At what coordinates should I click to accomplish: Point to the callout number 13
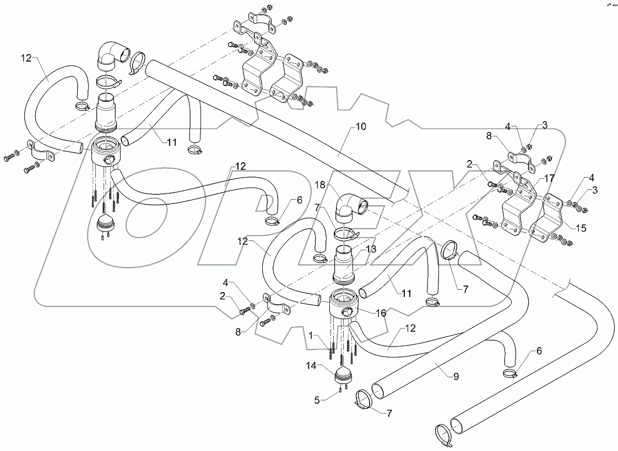point(372,249)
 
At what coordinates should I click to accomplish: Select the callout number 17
point(550,179)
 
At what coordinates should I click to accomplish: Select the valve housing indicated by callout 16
point(344,309)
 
